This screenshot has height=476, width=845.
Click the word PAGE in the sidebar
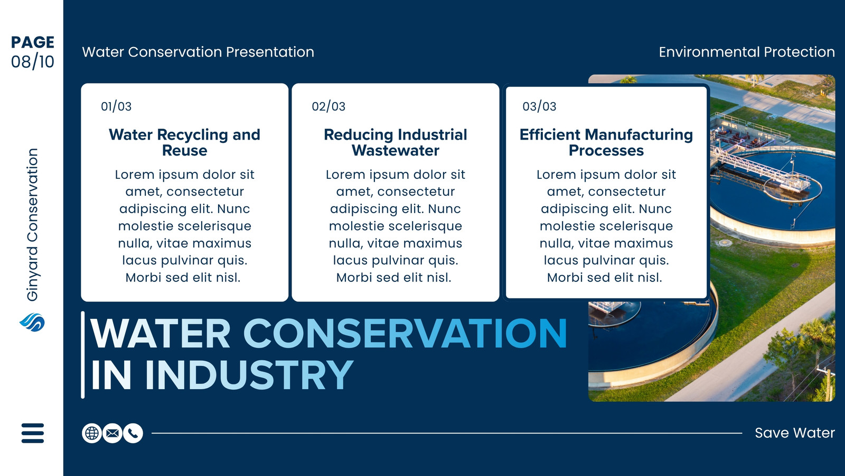[32, 42]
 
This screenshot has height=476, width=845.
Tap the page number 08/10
[32, 61]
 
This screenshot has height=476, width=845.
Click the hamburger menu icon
[33, 433]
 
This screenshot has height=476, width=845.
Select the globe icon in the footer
[92, 433]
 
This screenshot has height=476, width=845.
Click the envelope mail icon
[112, 433]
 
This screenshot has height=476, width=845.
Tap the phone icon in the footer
[133, 433]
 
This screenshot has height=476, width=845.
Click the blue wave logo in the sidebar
[32, 322]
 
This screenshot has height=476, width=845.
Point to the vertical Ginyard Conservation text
[32, 225]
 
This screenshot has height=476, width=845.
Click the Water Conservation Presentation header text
[198, 52]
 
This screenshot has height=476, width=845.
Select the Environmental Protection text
[747, 52]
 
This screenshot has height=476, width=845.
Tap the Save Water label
[795, 433]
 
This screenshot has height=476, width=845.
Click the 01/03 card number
[116, 106]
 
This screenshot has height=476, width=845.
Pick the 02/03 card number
[328, 106]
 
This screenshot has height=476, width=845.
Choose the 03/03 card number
[539, 106]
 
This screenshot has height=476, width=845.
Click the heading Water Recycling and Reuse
[184, 142]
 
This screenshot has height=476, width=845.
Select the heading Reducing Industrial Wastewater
[396, 142]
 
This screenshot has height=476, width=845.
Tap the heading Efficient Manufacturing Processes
[606, 142]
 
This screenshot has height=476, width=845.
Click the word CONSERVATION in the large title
[405, 333]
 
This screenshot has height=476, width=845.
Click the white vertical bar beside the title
[82, 355]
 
